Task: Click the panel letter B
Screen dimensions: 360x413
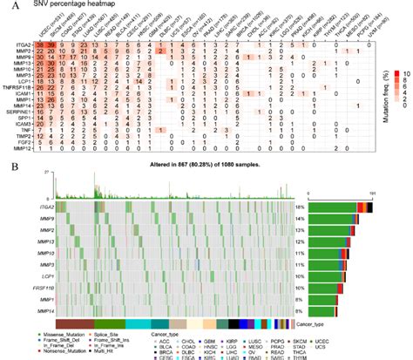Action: (7, 163)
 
